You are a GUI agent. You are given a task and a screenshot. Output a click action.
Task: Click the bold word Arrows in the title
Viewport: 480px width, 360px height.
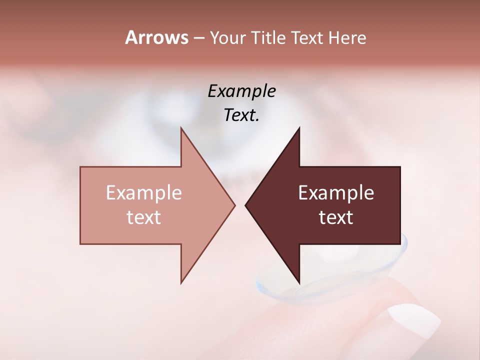click(156, 37)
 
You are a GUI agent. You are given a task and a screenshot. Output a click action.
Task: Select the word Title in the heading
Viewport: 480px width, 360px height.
click(268, 38)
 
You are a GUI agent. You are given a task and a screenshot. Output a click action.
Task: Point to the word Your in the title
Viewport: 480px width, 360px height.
click(227, 38)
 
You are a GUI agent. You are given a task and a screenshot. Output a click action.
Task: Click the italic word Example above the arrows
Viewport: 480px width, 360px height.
click(241, 91)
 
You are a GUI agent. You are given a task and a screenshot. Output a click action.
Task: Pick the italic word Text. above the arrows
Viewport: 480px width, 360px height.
click(241, 115)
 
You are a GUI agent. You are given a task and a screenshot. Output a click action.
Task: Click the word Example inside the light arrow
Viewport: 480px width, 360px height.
click(144, 192)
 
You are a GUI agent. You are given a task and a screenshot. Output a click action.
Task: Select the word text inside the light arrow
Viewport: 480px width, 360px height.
click(144, 217)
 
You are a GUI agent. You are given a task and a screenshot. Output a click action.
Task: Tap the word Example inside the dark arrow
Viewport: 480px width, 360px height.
click(336, 192)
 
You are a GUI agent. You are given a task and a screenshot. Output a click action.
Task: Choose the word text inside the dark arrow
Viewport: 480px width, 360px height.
click(336, 217)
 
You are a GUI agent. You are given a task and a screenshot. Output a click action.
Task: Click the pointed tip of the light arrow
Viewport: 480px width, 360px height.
click(234, 205)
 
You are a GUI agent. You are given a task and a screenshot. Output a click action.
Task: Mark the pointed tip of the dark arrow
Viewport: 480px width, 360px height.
click(245, 205)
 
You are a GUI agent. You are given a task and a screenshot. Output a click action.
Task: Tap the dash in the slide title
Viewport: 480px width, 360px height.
click(198, 38)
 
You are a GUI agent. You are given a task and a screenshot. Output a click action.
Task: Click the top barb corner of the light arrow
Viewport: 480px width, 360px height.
click(181, 128)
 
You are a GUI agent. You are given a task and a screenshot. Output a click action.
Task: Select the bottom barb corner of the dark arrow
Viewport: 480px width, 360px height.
click(299, 283)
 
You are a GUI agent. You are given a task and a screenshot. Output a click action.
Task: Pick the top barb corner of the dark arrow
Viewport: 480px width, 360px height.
click(299, 128)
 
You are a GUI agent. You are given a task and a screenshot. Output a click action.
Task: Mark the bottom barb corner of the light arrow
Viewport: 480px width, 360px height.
click(181, 283)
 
